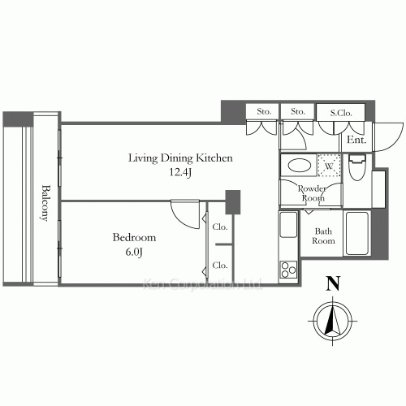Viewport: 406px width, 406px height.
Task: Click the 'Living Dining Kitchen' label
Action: (x=180, y=158)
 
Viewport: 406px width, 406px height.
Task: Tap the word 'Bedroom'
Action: (x=134, y=238)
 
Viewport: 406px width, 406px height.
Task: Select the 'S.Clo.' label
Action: (x=329, y=111)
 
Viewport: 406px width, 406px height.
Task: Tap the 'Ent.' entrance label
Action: (x=356, y=140)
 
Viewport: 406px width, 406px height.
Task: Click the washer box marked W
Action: (x=329, y=165)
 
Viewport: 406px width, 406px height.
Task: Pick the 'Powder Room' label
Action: (x=313, y=193)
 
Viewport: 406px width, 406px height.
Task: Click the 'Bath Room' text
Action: (x=324, y=235)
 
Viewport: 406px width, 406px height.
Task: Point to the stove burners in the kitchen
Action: (x=288, y=267)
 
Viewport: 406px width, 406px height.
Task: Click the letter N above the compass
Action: (x=330, y=284)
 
